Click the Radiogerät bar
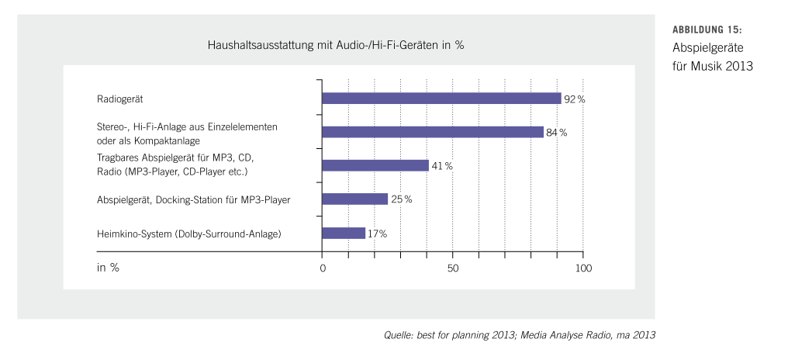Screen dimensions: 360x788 point(441,99)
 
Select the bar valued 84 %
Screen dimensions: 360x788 point(432,132)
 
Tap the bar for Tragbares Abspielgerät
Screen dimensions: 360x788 point(375,165)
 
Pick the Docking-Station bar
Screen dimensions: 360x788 point(354,199)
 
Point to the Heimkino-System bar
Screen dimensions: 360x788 point(344,233)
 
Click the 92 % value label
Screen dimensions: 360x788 point(575,99)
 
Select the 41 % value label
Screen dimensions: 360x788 point(442,166)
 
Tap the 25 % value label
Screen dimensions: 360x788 point(402,199)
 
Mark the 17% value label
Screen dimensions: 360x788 point(378,233)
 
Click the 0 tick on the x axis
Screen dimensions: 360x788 point(322,268)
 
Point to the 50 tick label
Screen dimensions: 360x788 point(453,268)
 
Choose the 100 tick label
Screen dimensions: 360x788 point(583,268)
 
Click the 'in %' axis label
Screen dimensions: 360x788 point(108,268)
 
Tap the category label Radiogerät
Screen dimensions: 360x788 point(120,99)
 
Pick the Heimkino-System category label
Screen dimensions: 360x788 point(188,233)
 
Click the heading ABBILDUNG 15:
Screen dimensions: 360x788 point(707,29)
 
